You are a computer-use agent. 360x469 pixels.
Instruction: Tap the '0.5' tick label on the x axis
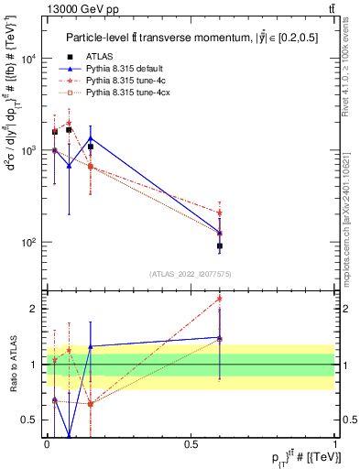[x=191, y=443]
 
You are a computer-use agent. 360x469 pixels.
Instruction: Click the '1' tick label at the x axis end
[x=337, y=443]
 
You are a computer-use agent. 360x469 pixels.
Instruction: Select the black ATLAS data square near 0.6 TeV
[x=219, y=245]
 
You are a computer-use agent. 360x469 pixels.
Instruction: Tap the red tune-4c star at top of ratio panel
[x=219, y=298]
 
